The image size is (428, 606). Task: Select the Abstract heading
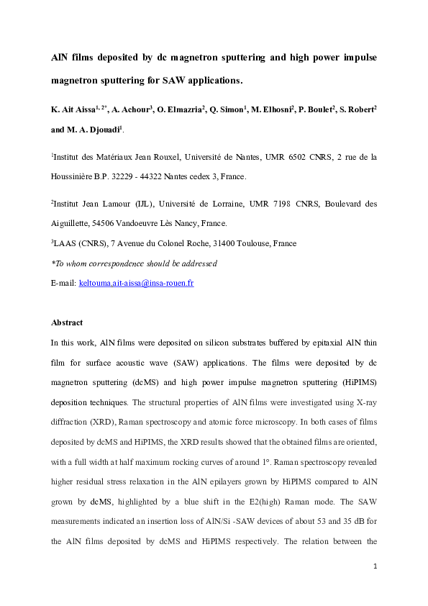tap(67, 322)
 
